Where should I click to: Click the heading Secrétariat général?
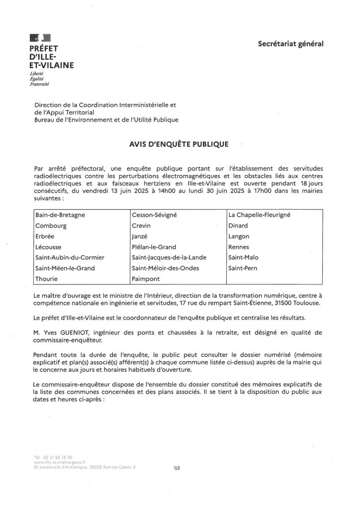pos(290,44)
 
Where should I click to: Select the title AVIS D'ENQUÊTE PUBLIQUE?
pos(179,144)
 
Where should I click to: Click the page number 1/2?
pos(177,468)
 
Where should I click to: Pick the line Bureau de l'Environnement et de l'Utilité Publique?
pos(106,119)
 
